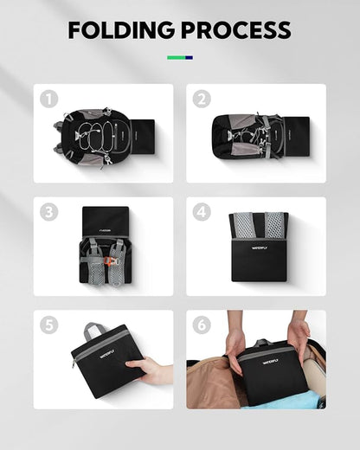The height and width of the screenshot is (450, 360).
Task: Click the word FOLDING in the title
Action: point(121,30)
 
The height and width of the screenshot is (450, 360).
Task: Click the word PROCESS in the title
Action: point(236,30)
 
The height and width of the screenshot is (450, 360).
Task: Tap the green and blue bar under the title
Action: point(180,58)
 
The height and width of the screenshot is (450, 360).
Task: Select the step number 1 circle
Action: point(49,99)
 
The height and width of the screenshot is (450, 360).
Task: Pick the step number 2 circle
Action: point(202,99)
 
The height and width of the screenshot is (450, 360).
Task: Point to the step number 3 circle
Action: point(49,212)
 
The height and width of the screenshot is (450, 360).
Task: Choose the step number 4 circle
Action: point(202,212)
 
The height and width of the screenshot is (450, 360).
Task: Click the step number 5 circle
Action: point(49,325)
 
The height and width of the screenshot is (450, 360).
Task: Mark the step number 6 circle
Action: point(202,325)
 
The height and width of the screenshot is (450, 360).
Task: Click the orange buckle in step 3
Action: point(108,261)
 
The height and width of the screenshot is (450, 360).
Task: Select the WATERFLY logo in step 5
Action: point(107,353)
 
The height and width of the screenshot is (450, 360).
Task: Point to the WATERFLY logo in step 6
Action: point(270,362)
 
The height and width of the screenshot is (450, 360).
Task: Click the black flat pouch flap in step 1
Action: point(144,138)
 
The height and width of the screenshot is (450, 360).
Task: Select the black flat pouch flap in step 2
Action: point(298,137)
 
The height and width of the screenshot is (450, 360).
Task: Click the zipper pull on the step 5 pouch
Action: point(74,364)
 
